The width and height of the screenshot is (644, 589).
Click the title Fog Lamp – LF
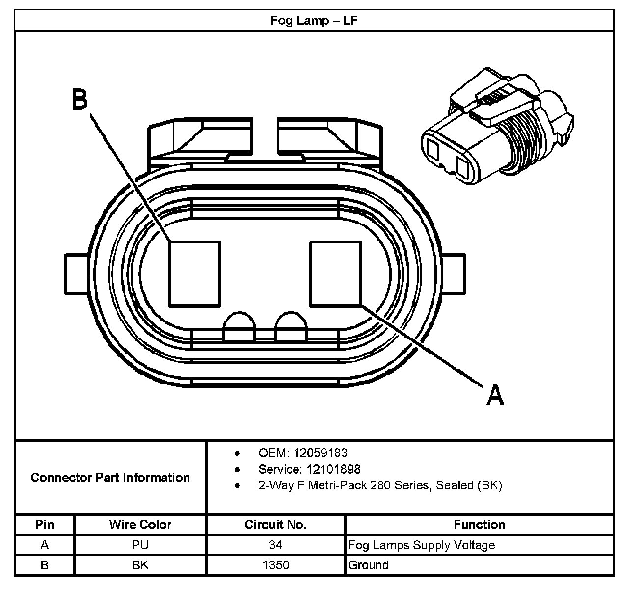click(x=314, y=21)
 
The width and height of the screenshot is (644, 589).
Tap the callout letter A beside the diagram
click(x=495, y=395)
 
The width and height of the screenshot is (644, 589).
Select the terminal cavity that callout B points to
click(x=194, y=273)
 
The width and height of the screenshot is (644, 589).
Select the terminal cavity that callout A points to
click(x=336, y=273)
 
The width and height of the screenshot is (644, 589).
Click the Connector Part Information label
click(x=110, y=477)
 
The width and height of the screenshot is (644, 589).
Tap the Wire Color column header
click(x=140, y=524)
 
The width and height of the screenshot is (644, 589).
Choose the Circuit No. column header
click(x=275, y=524)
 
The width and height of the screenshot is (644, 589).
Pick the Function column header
click(x=479, y=524)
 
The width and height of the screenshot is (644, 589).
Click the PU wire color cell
click(x=140, y=545)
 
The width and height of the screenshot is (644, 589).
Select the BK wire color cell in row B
click(x=140, y=565)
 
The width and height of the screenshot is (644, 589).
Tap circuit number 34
click(x=275, y=545)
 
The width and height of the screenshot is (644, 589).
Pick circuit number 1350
click(x=275, y=565)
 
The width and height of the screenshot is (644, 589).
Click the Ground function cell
click(x=368, y=565)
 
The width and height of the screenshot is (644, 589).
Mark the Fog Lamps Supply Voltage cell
click(x=421, y=545)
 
